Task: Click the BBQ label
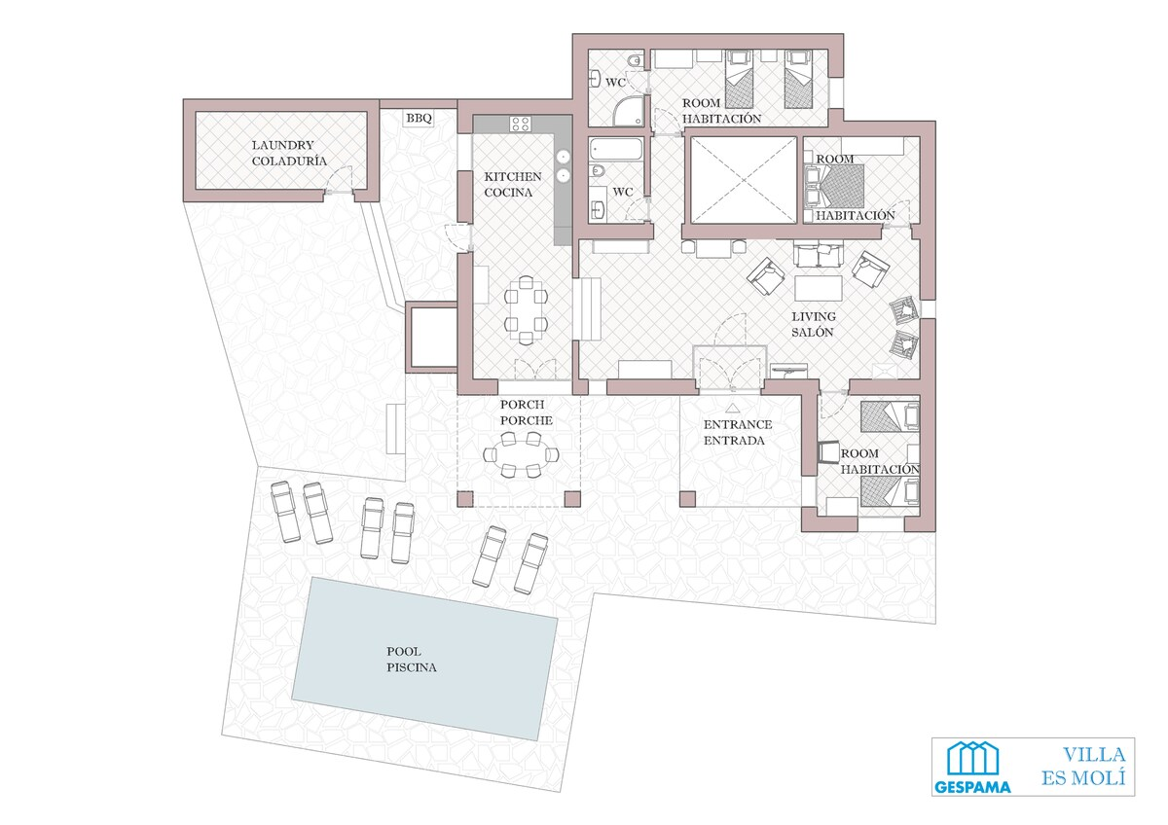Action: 420,119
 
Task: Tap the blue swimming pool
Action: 425,659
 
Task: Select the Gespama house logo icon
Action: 972,758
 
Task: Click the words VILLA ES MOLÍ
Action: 1084,766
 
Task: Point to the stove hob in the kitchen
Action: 521,124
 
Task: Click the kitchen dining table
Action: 526,310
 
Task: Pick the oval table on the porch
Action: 522,454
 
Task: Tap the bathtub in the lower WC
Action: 616,150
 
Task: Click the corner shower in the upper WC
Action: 629,112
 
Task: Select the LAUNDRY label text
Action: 283,145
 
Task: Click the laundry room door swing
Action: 338,179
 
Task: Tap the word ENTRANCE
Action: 738,424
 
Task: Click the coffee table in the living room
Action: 819,288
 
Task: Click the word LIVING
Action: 814,316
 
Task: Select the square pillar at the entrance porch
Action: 688,499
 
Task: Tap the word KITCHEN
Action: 513,177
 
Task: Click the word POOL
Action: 404,652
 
